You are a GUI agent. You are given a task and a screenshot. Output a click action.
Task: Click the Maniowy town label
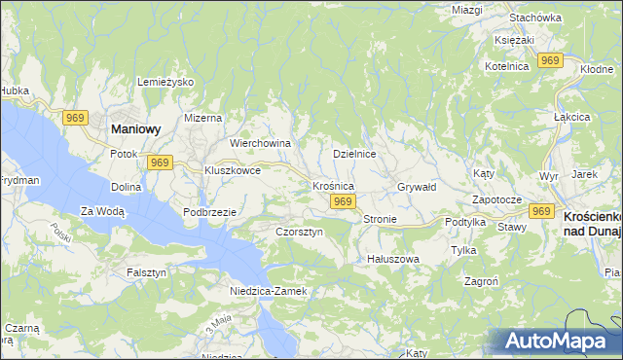click(x=136, y=127)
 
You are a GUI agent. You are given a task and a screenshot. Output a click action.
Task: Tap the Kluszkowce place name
click(x=232, y=169)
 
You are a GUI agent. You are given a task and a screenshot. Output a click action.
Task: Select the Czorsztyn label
click(x=299, y=233)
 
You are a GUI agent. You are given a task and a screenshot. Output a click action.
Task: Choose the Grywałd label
click(x=417, y=186)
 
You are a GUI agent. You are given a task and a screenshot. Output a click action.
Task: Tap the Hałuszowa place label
click(x=392, y=259)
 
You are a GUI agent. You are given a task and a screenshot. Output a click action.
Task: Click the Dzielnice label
click(x=354, y=154)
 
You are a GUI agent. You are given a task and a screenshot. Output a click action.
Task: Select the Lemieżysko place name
click(x=167, y=82)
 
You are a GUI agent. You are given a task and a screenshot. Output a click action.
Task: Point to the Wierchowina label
click(x=260, y=143)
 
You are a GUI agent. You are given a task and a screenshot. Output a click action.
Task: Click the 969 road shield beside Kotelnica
click(x=551, y=60)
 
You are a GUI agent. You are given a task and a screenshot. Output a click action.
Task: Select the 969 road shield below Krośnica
click(x=341, y=201)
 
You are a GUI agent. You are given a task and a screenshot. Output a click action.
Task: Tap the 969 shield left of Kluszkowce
click(x=162, y=162)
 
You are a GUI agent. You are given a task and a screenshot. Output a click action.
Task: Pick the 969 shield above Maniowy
click(x=76, y=117)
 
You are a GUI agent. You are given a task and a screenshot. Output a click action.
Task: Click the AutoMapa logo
click(x=558, y=340)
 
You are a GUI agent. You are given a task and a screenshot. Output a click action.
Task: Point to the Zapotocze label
click(x=497, y=199)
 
